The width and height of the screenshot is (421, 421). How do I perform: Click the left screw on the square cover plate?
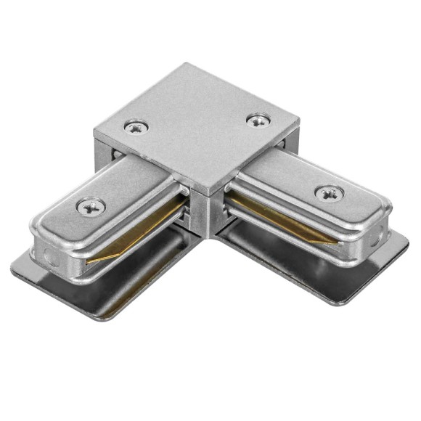[136, 127]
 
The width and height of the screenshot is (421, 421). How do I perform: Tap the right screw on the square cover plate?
[258, 120]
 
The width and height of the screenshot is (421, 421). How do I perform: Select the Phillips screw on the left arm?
[91, 207]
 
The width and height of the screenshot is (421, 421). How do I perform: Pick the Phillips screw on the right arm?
[329, 193]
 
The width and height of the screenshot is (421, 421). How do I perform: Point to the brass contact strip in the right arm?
[283, 218]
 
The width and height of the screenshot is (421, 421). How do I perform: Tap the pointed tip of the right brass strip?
[335, 243]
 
